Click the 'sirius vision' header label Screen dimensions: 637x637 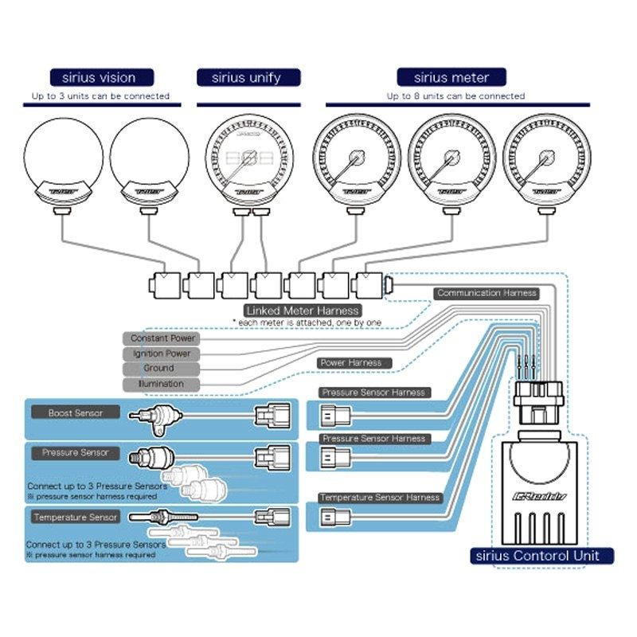[x=99, y=77]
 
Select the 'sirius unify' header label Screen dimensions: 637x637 [x=249, y=77]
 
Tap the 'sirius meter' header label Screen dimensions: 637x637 [x=451, y=77]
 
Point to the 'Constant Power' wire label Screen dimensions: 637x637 [x=161, y=338]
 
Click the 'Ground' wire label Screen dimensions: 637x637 [x=159, y=369]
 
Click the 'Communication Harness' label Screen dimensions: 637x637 [x=487, y=293]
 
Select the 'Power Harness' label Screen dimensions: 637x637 [x=350, y=363]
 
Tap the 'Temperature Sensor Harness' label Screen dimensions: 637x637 [x=380, y=498]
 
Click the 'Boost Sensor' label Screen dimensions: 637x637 [x=76, y=412]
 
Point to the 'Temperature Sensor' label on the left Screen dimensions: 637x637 [x=76, y=517]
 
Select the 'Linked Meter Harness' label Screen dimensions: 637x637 [x=303, y=310]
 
